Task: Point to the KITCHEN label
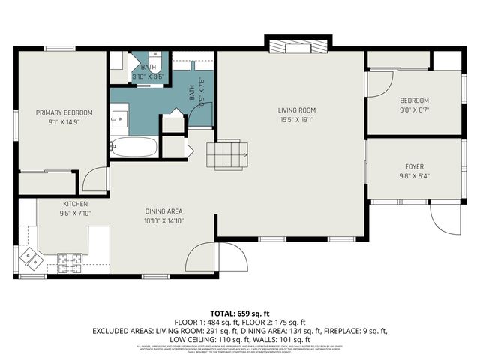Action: pos(75,204)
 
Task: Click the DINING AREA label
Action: pos(163,211)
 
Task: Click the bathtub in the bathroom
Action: pos(134,147)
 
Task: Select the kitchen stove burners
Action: pos(70,262)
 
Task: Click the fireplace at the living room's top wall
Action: pos(298,46)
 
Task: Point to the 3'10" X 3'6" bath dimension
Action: pos(147,76)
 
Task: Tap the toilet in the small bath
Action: pos(154,58)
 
